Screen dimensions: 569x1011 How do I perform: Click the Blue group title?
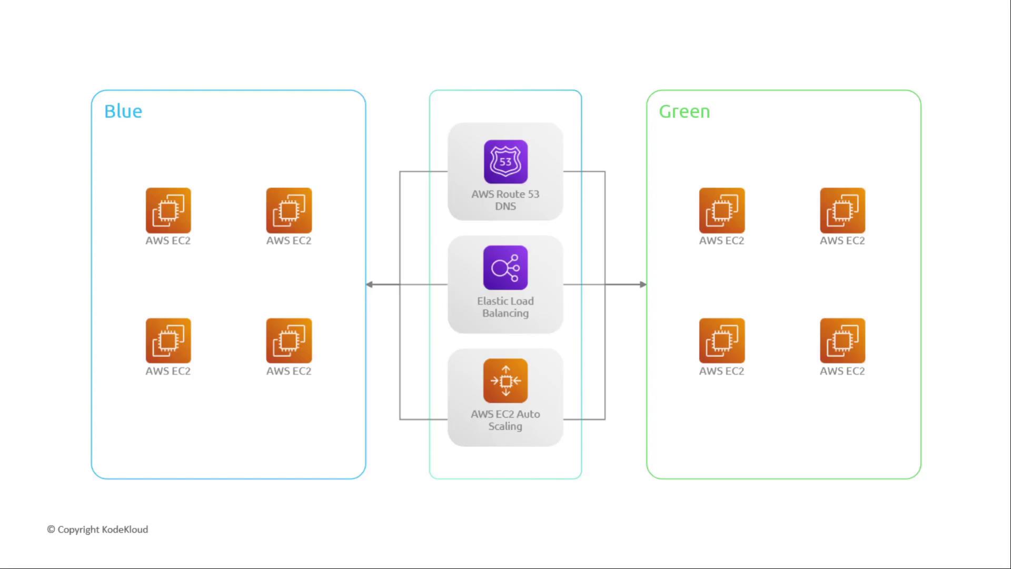123,111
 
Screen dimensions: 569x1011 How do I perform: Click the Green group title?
684,111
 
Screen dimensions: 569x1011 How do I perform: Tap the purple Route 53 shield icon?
506,162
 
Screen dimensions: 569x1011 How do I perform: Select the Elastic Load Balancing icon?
506,268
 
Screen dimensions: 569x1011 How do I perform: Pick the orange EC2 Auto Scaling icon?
506,380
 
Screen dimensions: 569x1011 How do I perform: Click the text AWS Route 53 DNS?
506,200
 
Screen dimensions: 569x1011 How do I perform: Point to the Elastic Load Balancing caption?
506,307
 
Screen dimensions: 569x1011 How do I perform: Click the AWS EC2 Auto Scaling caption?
506,420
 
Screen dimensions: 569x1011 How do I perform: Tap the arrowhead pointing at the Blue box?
370,284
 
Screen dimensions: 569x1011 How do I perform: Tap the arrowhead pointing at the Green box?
643,284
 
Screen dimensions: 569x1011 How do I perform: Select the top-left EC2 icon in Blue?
168,210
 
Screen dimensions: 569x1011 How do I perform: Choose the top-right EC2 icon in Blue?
289,210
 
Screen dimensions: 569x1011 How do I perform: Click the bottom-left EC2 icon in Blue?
168,340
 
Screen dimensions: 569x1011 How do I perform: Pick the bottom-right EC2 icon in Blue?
289,340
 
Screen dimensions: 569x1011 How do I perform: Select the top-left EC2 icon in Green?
721,210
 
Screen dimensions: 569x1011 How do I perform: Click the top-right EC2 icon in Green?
842,210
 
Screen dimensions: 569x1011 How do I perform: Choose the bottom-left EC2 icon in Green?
721,340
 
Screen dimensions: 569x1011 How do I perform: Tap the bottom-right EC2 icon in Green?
842,340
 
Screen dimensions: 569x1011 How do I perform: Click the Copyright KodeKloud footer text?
103,529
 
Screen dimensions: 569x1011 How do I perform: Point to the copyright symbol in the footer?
51,529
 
